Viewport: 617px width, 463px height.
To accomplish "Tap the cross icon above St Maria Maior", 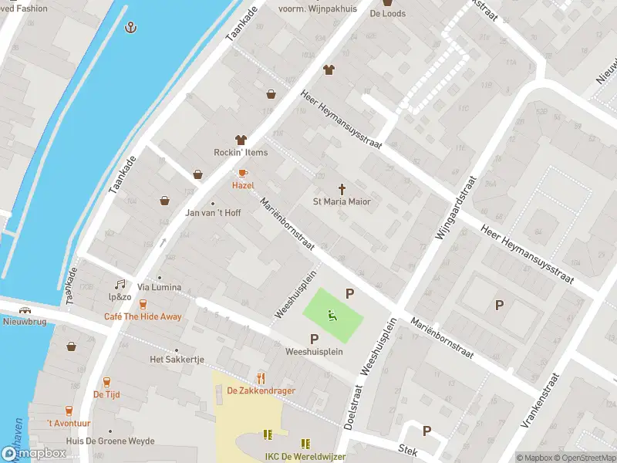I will click(x=342, y=188).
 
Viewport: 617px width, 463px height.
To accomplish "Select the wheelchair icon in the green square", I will click(x=332, y=315).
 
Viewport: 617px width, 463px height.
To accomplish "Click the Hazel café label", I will click(x=243, y=185).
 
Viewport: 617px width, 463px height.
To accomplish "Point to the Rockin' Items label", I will click(x=241, y=152).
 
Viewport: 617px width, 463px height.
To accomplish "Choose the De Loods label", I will click(x=387, y=13).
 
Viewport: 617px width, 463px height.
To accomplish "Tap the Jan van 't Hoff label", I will click(x=214, y=213).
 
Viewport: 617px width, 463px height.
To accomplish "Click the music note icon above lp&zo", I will click(x=120, y=285).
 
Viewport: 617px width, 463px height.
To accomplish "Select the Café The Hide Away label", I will click(x=143, y=316).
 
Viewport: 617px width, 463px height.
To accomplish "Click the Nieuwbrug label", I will click(x=26, y=323).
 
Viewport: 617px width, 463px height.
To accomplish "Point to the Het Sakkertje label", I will click(x=177, y=360).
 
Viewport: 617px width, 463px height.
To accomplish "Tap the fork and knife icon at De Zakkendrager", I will click(x=261, y=378).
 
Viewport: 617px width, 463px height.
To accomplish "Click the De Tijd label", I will click(x=106, y=394).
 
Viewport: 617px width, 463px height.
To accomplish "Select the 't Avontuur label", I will click(x=69, y=423).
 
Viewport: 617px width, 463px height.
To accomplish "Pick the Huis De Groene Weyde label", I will click(x=110, y=441).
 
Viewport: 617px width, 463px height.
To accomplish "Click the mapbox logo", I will click(x=34, y=454).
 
